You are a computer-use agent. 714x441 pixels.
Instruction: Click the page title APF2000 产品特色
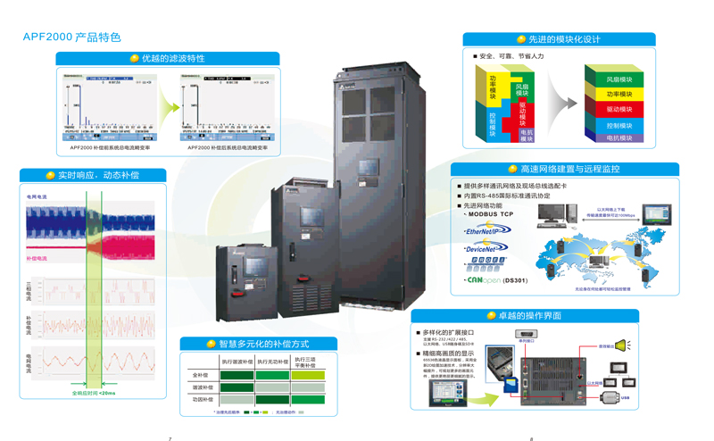[x=71, y=37]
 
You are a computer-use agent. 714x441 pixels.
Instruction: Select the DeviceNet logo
[x=486, y=249]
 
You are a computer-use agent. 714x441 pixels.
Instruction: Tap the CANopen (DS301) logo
[x=496, y=280]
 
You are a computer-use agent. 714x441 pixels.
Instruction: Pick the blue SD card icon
[x=510, y=384]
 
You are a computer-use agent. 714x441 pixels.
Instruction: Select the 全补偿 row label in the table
[x=201, y=376]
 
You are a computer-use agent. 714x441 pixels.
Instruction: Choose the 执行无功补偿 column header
[x=273, y=362]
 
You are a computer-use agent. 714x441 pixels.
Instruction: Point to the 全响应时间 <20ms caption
[x=94, y=393]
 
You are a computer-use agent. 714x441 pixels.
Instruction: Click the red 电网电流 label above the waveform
[x=37, y=196]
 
